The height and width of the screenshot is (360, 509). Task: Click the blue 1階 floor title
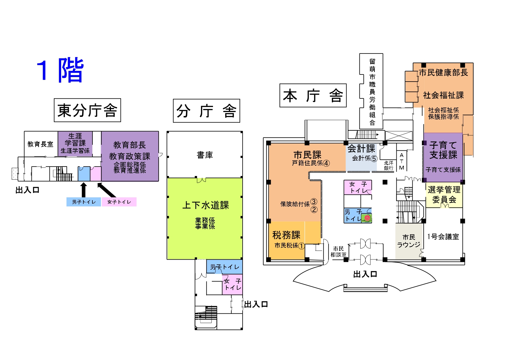tap(60, 70)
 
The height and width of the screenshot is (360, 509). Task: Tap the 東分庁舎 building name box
tap(88, 110)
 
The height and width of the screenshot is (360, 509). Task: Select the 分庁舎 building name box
tap(206, 111)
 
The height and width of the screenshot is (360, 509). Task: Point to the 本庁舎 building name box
tap(313, 96)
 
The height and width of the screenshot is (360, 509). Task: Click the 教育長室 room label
tap(40, 144)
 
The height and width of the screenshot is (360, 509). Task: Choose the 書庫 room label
tap(205, 155)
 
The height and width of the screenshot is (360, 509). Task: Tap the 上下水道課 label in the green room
tap(206, 205)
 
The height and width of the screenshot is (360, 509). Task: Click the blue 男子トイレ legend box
tap(84, 202)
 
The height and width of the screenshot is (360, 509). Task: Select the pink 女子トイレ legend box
tap(119, 202)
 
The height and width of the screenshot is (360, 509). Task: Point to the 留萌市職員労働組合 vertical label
tap(372, 92)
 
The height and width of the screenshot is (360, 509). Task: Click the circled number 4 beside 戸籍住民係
tap(326, 163)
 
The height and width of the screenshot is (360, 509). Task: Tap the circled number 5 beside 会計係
tap(374, 159)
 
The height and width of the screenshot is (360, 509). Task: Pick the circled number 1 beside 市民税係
tap(301, 246)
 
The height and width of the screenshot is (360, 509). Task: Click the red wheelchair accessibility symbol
tap(367, 218)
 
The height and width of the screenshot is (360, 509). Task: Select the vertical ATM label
tap(402, 162)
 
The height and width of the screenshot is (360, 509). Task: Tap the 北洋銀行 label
tap(388, 165)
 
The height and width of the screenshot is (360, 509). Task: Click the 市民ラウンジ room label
tap(409, 241)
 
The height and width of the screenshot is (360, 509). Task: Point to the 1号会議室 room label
tap(443, 237)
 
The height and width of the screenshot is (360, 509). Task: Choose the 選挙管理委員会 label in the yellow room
tap(444, 195)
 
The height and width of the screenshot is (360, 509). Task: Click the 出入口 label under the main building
tap(365, 274)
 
